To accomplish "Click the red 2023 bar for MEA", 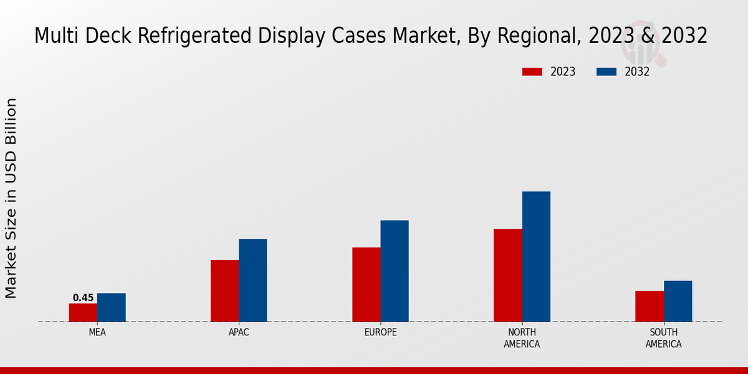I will pyautogui.click(x=83, y=312).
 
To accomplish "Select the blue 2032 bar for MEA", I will pyautogui.click(x=111, y=307).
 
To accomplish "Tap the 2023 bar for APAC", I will pyautogui.click(x=224, y=290).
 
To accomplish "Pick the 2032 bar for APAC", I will pyautogui.click(x=252, y=280).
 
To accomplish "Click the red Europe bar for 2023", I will pyautogui.click(x=366, y=284).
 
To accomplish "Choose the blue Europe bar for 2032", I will pyautogui.click(x=395, y=271).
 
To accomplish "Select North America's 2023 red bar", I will pyautogui.click(x=507, y=275).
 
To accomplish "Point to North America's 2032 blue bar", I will pyautogui.click(x=536, y=256).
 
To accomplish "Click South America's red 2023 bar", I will pyautogui.click(x=650, y=306).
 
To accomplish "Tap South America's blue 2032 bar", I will pyautogui.click(x=678, y=301).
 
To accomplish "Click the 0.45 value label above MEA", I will pyautogui.click(x=83, y=298).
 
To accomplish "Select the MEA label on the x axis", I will pyautogui.click(x=97, y=333).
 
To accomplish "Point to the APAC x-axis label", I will pyautogui.click(x=239, y=333).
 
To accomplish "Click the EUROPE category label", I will pyautogui.click(x=380, y=333).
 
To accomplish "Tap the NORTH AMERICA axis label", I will pyautogui.click(x=522, y=338).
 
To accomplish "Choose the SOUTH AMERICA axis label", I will pyautogui.click(x=663, y=338).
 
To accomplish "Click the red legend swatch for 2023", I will pyautogui.click(x=532, y=72).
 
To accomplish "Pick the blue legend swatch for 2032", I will pyautogui.click(x=606, y=72).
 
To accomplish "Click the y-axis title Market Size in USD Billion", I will pyautogui.click(x=11, y=198).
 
